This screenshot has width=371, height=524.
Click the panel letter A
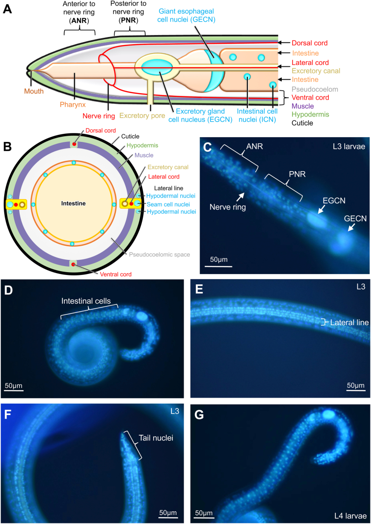click(x=8, y=8)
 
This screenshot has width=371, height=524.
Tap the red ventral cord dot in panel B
click(x=74, y=266)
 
